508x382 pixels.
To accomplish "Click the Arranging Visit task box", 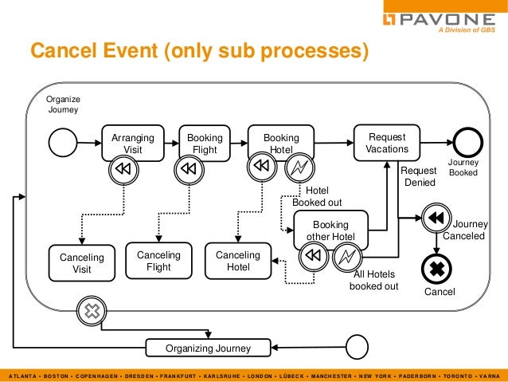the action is [x=133, y=143].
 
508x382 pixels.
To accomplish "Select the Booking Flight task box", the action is [x=205, y=143].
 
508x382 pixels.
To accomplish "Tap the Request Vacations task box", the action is [x=387, y=143].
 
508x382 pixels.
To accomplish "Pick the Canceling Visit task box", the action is [x=82, y=263].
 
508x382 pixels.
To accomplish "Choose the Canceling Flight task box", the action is [x=158, y=261].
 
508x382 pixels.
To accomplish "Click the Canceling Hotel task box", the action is [x=238, y=261].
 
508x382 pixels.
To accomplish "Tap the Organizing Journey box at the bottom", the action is [x=208, y=348].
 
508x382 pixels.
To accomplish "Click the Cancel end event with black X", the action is [x=436, y=269].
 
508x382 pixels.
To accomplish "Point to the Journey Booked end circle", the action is [x=468, y=143].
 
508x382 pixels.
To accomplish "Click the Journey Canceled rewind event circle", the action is [x=436, y=218].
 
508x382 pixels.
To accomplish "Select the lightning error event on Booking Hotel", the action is [x=299, y=167].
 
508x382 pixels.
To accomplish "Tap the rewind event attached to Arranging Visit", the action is [x=123, y=169].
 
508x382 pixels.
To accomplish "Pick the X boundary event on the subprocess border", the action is [x=92, y=311].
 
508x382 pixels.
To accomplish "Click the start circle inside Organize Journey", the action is [x=63, y=143].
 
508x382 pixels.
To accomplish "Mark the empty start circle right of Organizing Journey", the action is [x=357, y=347].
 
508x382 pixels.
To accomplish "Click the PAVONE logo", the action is [x=439, y=20].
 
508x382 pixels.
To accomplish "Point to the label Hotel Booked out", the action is [x=317, y=196].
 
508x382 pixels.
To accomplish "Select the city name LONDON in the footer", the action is [x=260, y=376].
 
